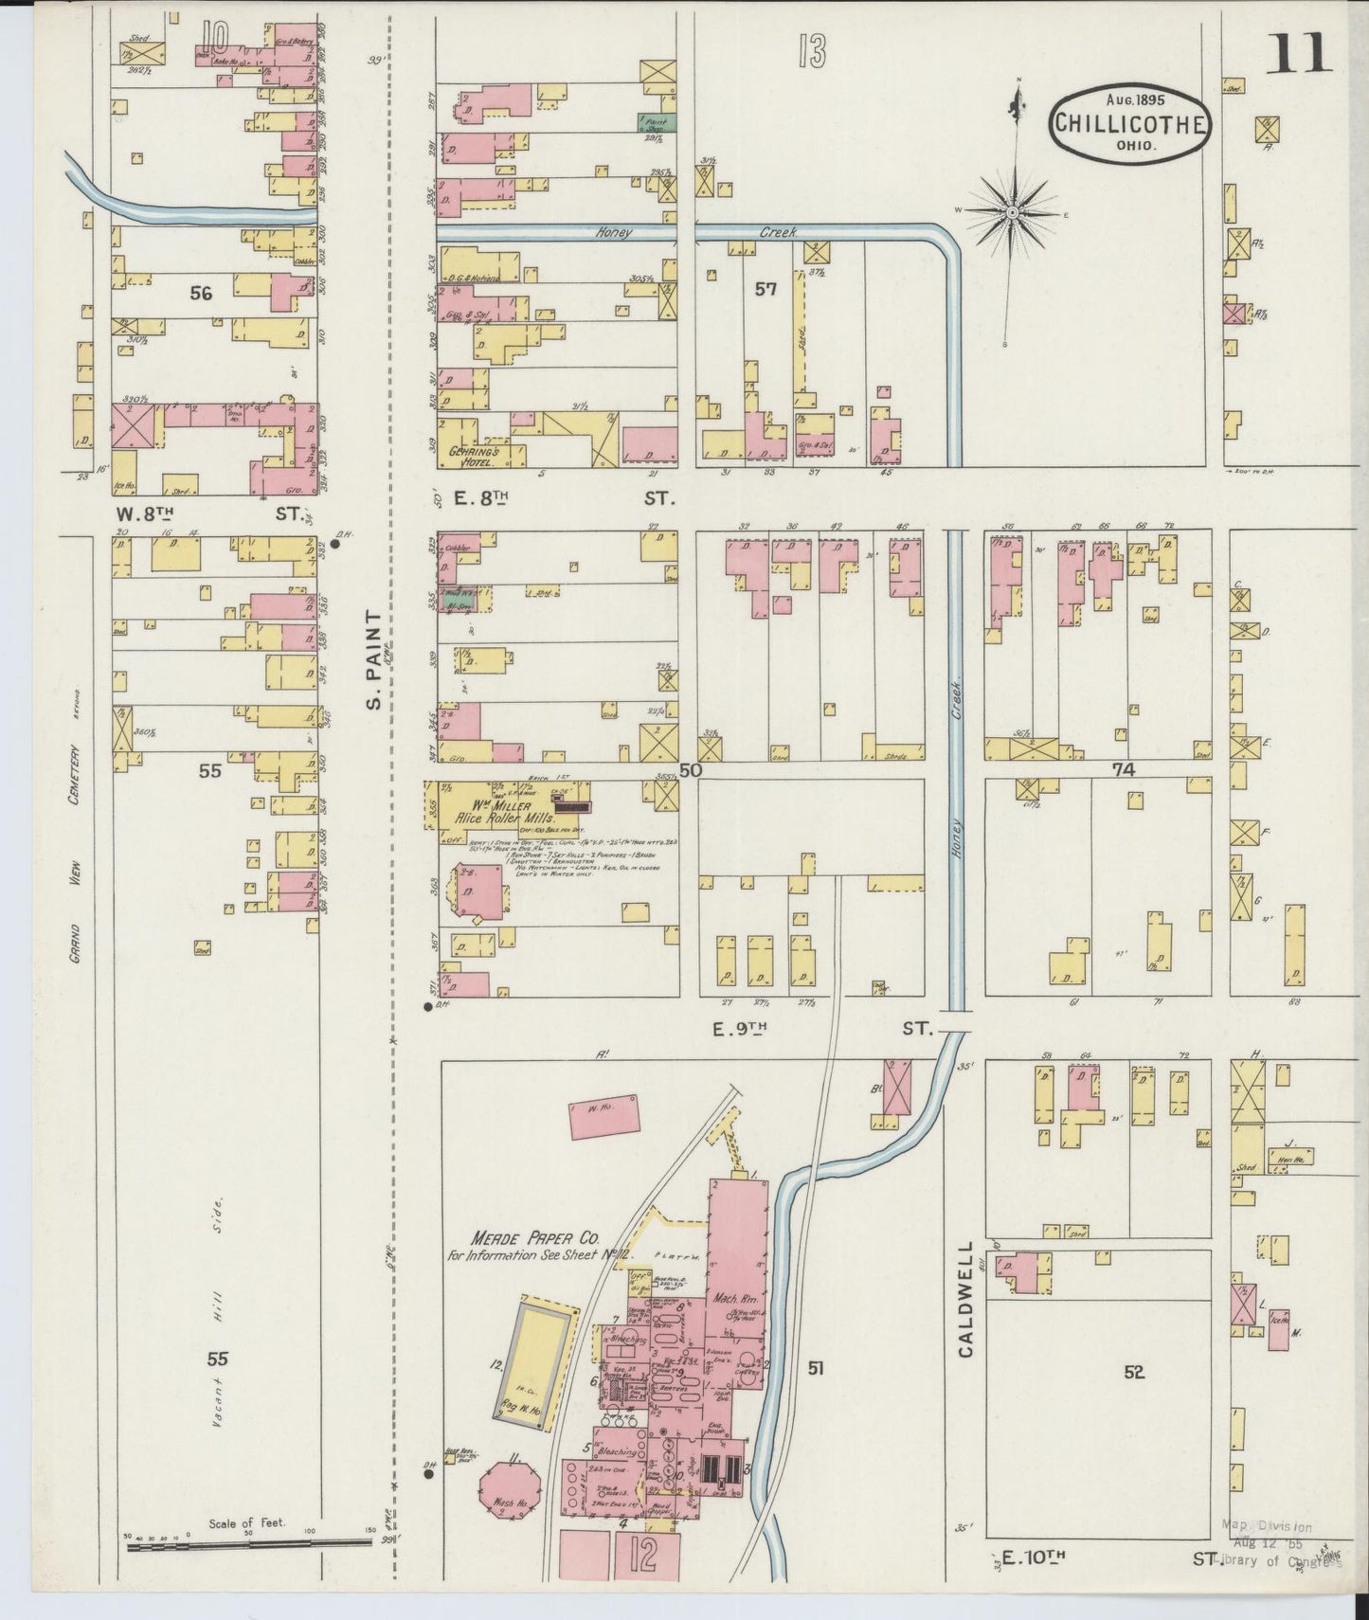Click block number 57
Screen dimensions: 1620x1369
click(x=766, y=288)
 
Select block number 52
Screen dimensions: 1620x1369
click(x=1134, y=1371)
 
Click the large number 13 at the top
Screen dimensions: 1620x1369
click(x=811, y=53)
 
